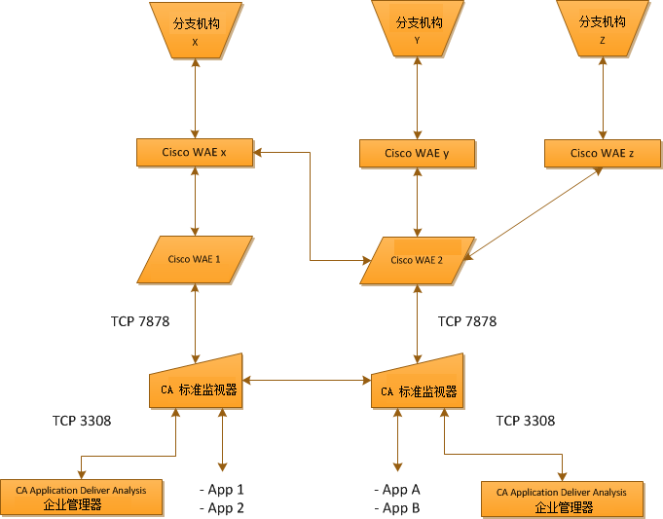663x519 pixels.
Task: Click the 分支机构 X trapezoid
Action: (x=196, y=29)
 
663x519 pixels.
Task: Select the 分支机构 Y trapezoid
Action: (x=418, y=29)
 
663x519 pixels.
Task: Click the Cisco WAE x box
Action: (x=196, y=152)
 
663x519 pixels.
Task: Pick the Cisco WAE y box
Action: (x=417, y=153)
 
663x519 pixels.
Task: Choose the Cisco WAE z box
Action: (x=602, y=153)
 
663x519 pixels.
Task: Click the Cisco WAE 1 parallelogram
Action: (x=196, y=259)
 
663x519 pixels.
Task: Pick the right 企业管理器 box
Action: (x=563, y=500)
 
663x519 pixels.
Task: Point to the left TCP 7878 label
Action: (x=141, y=320)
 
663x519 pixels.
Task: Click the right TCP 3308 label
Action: (x=526, y=421)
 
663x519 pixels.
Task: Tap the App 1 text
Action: (x=222, y=490)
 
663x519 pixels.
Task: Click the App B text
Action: (x=397, y=507)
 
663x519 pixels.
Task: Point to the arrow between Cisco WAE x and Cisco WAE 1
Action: (x=196, y=200)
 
